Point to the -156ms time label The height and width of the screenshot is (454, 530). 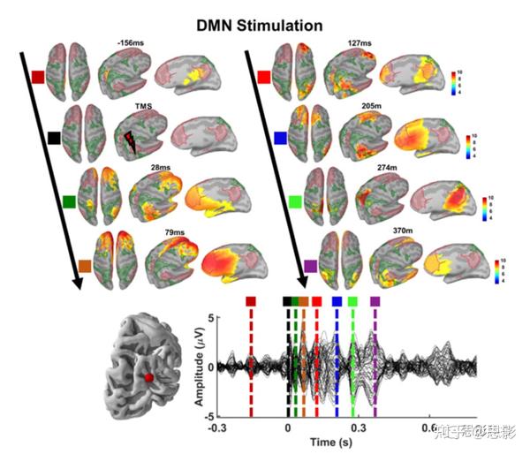[130, 42]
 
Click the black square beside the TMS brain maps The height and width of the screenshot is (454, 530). [54, 138]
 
